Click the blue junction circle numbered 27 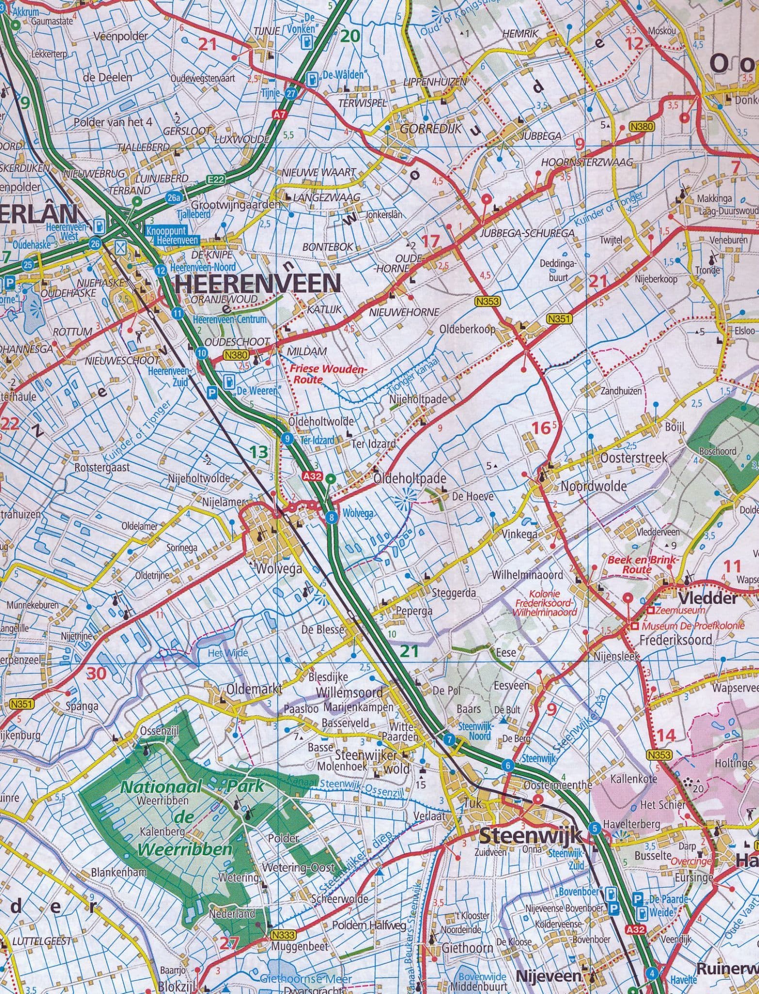(291, 94)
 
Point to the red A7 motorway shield (277, 115)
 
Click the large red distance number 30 (96, 673)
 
